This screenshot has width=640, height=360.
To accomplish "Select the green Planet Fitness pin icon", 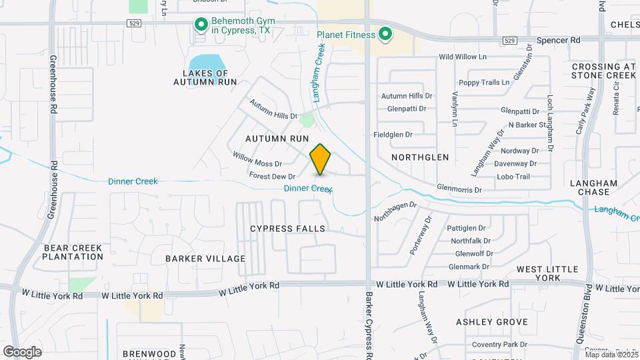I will pos(385,33).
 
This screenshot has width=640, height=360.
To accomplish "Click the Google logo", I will pos(23,352).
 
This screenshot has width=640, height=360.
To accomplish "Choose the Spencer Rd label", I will pos(559,40).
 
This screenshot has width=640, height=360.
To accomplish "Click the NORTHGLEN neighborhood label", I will pos(420,157).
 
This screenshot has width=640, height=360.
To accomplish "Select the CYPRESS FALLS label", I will pos(287,229).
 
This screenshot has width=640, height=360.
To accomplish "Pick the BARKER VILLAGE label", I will pos(206,259).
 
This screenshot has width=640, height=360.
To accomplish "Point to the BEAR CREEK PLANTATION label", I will pos(73,252).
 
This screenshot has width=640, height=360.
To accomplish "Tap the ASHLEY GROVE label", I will pos(492,322).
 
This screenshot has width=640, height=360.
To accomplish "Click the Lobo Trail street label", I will pos(513,177).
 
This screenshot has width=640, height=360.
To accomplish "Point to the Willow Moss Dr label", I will pos(257,159).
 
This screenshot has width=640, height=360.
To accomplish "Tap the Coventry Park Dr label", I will pos(492,345).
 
